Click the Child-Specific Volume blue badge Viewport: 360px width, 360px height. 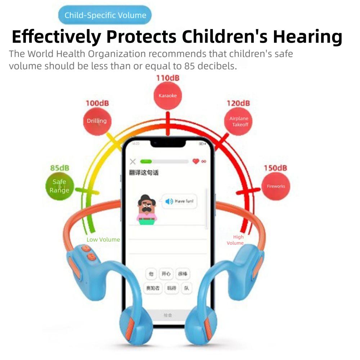105,15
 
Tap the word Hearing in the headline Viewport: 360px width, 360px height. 307,36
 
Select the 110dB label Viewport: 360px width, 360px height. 167,78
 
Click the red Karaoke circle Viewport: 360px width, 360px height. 168,96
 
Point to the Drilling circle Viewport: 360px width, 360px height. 97,121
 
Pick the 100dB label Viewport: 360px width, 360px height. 97,103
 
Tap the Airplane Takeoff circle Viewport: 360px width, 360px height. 239,122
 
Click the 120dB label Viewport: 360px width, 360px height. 238,103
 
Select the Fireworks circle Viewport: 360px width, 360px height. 276,186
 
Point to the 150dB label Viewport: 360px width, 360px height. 275,168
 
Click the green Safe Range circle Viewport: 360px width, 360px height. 59,186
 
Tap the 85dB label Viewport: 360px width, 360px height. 60,168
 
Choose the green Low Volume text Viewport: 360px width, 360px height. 103,239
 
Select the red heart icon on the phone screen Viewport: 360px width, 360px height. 195,162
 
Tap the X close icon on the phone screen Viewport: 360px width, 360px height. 133,162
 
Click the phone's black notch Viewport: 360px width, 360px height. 168,143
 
